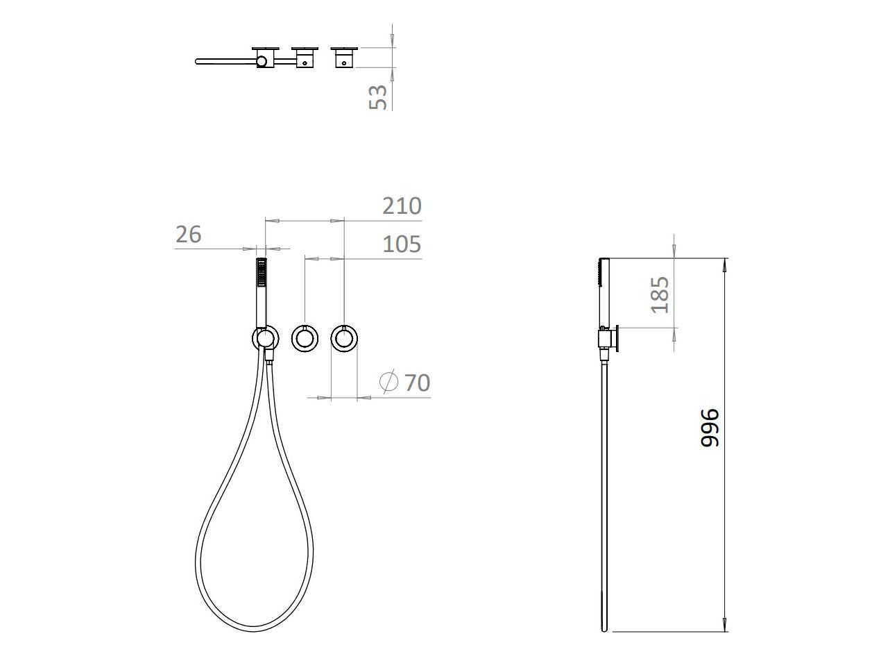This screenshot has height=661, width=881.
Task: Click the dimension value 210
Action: point(402,206)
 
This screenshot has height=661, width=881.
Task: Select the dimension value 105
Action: point(402,244)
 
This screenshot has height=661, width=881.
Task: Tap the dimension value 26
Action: point(189,234)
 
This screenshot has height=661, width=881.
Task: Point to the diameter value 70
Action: point(418,383)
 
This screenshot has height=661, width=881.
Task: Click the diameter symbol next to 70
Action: point(388,381)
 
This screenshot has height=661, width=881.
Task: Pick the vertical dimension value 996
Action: point(710,427)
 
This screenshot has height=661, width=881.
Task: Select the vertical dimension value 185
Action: point(660,295)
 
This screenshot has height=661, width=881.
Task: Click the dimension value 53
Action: point(377,97)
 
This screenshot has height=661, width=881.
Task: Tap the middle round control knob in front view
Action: point(305,339)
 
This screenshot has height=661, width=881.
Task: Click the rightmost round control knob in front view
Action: point(344,339)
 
